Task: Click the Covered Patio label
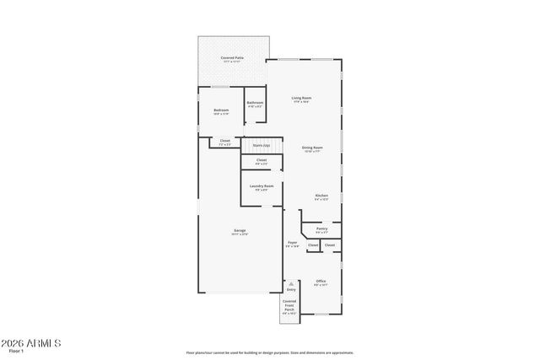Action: tap(232, 58)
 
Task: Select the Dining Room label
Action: tap(312, 148)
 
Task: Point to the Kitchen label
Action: tap(321, 196)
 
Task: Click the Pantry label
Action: tap(321, 228)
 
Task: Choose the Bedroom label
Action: tap(221, 110)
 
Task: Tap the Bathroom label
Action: tap(255, 103)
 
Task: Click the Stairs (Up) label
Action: tap(261, 145)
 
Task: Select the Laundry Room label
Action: tap(262, 186)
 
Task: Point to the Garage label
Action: tap(240, 230)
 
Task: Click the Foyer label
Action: tap(292, 243)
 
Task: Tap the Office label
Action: tap(321, 282)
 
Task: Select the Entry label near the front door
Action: tap(291, 290)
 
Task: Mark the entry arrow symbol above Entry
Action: tap(291, 283)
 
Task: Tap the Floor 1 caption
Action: tap(14, 352)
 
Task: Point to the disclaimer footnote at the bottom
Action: tap(270, 352)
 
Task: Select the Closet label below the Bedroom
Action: tap(224, 141)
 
